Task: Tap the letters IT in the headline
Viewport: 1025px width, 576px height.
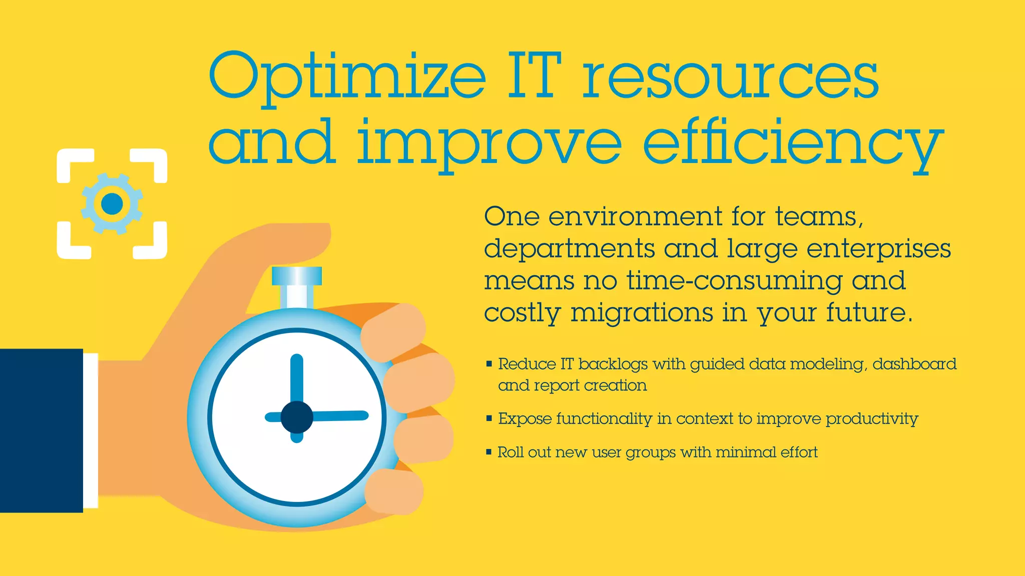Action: pyautogui.click(x=534, y=76)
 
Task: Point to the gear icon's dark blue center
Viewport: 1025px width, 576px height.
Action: pyautogui.click(x=112, y=203)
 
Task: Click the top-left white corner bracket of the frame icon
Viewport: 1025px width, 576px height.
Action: pyautogui.click(x=73, y=163)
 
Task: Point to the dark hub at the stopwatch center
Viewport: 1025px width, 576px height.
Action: pyautogui.click(x=297, y=417)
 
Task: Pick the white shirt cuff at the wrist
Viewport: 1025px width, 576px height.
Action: pyautogui.click(x=91, y=430)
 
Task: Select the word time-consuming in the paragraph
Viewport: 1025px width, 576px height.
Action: pyautogui.click(x=734, y=281)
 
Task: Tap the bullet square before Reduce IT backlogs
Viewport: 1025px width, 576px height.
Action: pyautogui.click(x=489, y=364)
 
